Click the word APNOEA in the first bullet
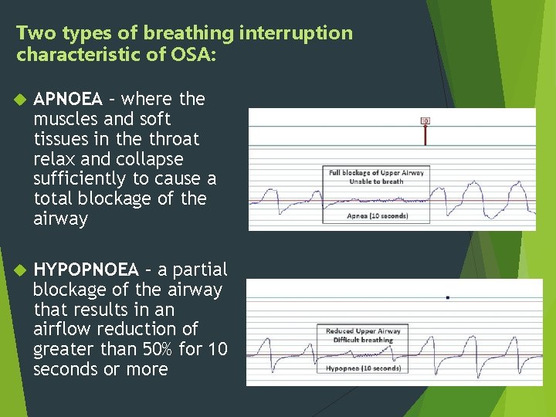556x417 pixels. click(68, 100)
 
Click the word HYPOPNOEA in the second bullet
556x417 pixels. click(86, 270)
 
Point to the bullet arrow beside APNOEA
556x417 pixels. click(21, 100)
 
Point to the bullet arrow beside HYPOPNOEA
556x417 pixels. click(21, 270)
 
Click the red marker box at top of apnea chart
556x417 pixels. click(425, 121)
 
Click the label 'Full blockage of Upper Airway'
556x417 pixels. click(376, 173)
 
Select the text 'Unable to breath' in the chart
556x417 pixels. click(376, 181)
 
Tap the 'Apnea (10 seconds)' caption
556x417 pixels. click(376, 215)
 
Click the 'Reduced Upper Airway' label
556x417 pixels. click(363, 331)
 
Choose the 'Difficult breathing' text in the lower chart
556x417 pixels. click(363, 340)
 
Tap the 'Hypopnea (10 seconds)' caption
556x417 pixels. click(363, 368)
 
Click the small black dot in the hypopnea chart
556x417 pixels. click(447, 297)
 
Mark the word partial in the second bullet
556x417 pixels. click(200, 270)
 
